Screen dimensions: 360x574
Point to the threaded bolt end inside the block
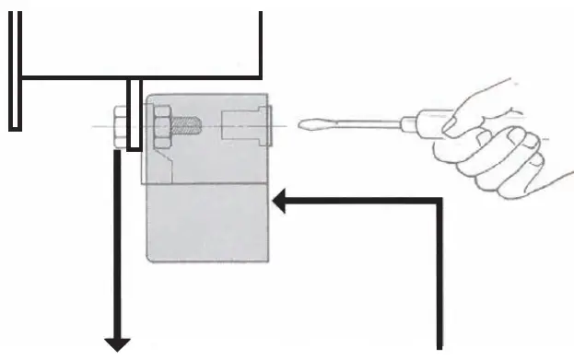point(186,123)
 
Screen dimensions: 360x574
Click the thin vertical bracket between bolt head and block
point(135,114)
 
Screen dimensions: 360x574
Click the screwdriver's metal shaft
point(359,122)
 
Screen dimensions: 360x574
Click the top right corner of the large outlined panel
point(263,14)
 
